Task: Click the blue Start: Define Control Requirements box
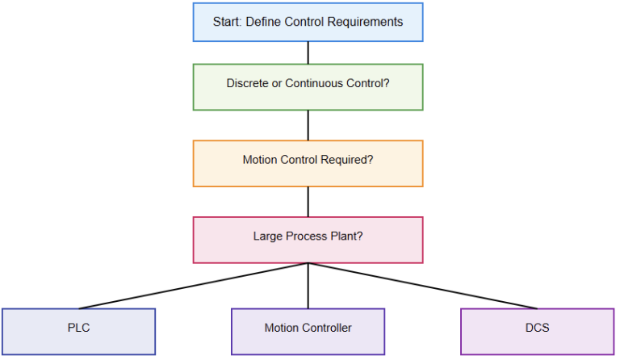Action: (308, 23)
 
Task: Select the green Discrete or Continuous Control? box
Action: (308, 87)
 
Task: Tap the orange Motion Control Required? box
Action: (308, 163)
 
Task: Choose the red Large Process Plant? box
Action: (308, 240)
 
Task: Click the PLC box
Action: (78, 332)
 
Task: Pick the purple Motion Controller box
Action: (308, 332)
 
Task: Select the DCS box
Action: (537, 332)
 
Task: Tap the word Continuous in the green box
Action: (313, 83)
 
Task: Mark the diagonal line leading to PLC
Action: (194, 286)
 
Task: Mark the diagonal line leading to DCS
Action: (422, 286)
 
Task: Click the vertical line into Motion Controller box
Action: (308, 286)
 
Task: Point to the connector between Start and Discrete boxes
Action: (308, 52)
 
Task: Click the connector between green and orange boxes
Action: (308, 125)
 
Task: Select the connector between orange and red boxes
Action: (308, 202)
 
